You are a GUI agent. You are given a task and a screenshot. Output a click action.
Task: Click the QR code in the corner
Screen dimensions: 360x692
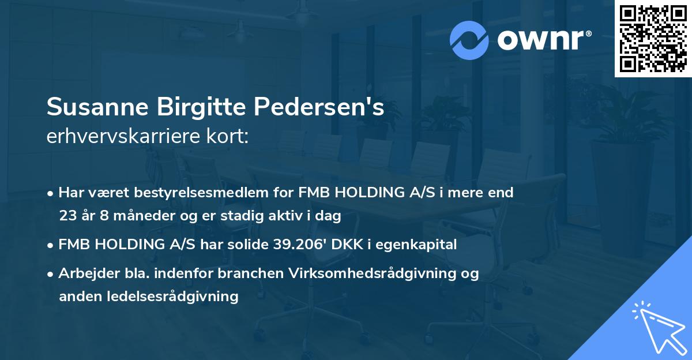653,39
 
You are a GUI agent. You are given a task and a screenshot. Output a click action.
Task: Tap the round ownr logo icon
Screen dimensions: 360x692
469,40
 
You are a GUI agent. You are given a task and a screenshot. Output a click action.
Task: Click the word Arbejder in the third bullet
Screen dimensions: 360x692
84,273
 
